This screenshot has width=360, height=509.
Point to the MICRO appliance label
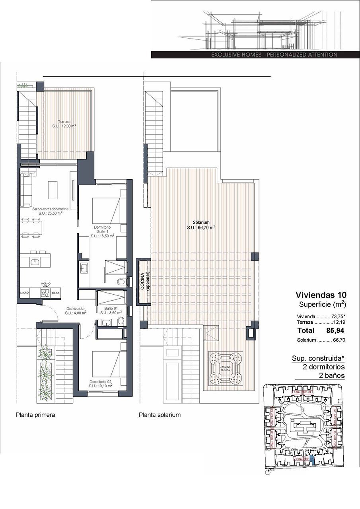click(25, 293)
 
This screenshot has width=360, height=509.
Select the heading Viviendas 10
click(321, 295)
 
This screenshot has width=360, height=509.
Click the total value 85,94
click(335, 330)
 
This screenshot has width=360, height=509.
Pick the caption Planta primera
click(35, 415)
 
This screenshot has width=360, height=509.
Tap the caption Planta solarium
click(160, 415)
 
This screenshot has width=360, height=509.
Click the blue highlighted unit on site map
click(312, 460)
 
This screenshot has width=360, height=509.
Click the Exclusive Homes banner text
click(274, 54)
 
